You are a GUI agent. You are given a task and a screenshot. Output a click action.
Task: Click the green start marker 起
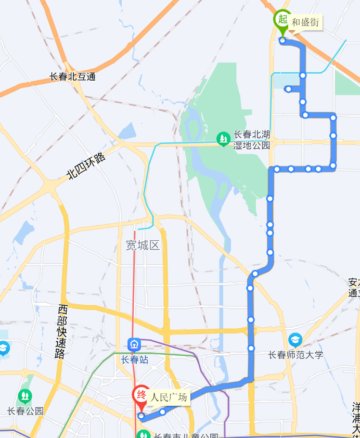[x=282, y=20]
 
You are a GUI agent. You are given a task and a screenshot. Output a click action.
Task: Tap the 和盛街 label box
[x=305, y=22]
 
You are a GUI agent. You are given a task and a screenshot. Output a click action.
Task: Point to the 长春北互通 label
[x=72, y=77]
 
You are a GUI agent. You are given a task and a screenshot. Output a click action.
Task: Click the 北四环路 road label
[x=86, y=166]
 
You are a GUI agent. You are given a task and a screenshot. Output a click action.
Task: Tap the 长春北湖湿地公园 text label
[x=252, y=139]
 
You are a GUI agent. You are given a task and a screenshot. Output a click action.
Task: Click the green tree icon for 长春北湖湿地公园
[x=224, y=138]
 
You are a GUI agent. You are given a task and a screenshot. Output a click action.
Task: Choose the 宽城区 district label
[x=143, y=245]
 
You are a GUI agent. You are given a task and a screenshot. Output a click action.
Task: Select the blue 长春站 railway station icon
[x=134, y=344]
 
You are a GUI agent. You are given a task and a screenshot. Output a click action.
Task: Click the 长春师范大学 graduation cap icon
[x=295, y=341]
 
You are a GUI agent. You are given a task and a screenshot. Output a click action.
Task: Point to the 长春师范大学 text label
[x=295, y=355]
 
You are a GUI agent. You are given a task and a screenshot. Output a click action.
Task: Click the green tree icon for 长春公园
[x=25, y=396]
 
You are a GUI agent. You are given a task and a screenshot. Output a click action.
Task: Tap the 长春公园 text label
[x=25, y=411]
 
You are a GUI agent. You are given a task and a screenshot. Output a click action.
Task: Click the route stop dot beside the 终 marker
[x=141, y=416]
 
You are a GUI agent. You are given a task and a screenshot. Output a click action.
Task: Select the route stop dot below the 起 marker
[x=282, y=40]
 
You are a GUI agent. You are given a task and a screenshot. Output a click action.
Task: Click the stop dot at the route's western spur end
[x=288, y=89]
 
